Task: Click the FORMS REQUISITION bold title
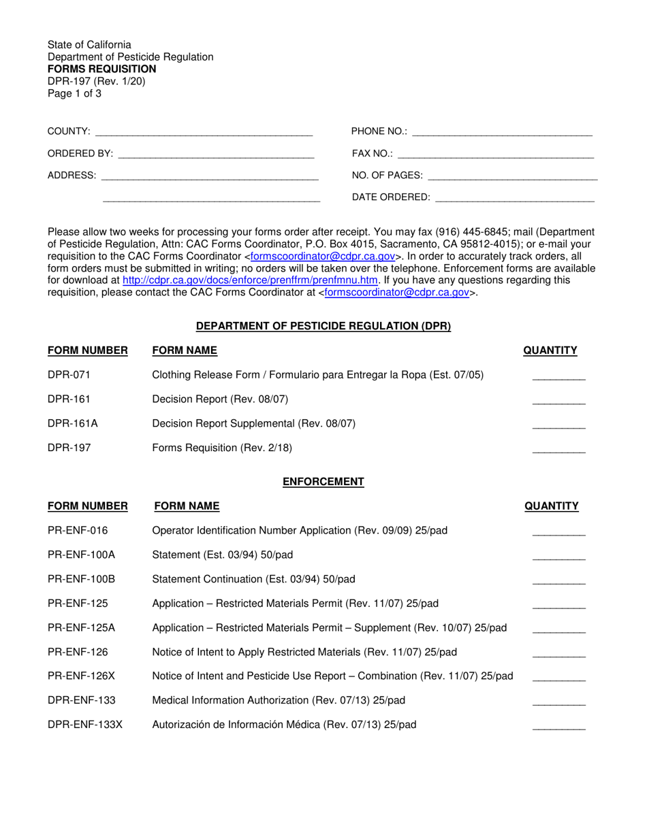[101, 69]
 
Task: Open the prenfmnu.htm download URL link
[250, 280]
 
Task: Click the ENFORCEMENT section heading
[323, 482]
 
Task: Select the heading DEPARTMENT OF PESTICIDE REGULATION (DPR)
[323, 327]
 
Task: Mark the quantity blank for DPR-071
[558, 378]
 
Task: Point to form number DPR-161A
[73, 423]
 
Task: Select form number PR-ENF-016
[78, 531]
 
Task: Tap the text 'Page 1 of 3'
[74, 94]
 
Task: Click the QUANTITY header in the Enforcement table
[551, 506]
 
